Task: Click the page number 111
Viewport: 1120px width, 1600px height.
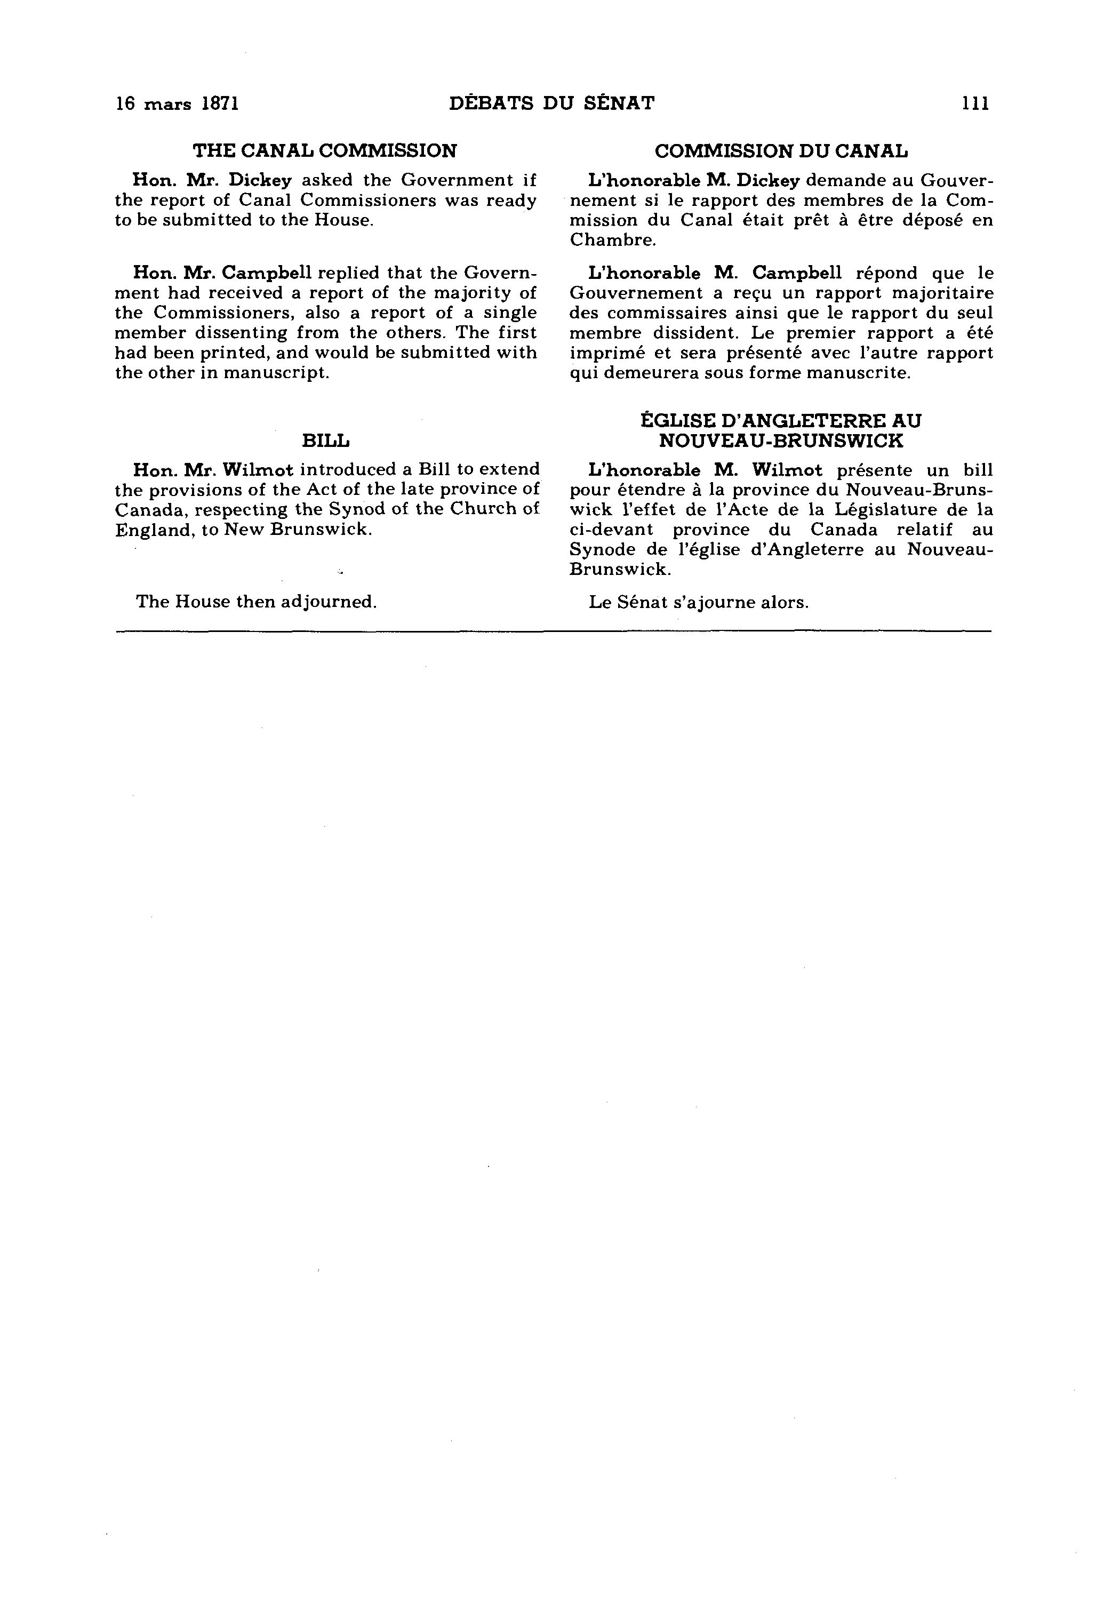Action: [x=975, y=104]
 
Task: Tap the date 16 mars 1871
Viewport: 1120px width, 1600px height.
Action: [x=178, y=104]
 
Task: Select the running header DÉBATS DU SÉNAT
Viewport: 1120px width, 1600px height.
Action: [x=552, y=104]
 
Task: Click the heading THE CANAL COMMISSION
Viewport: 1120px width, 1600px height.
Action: [x=325, y=150]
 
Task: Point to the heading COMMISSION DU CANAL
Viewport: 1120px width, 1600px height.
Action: [x=781, y=150]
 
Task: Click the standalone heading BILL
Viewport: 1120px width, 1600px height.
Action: [x=325, y=441]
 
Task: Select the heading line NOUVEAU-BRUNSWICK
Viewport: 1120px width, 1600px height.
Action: [x=781, y=441]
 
